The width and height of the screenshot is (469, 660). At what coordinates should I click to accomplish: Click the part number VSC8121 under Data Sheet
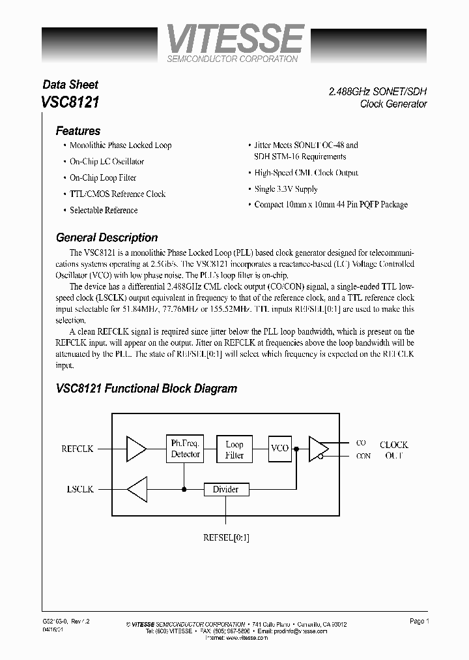tap(70, 102)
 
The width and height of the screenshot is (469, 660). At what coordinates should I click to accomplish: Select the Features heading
tap(78, 130)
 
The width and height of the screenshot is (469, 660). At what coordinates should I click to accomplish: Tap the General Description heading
tap(107, 237)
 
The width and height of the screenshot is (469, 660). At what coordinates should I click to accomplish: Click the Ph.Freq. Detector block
tap(185, 449)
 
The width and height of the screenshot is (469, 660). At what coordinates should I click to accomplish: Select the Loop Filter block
tap(234, 449)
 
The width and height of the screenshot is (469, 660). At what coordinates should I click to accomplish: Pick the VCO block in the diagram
tap(279, 449)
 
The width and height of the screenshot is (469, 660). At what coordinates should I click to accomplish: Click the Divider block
tap(225, 489)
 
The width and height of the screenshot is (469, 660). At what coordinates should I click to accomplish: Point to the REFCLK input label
tap(78, 449)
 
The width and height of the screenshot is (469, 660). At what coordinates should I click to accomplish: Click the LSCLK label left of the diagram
tap(79, 488)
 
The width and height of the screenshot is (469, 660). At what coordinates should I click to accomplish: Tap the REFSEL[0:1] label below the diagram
tap(225, 538)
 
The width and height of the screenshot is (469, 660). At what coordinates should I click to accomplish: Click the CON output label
tap(363, 456)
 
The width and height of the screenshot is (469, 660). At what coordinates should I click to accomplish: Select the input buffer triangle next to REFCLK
tap(135, 449)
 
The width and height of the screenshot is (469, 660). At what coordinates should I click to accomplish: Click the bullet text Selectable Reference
tap(104, 210)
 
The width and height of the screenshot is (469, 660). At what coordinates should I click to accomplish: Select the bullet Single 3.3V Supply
tap(286, 188)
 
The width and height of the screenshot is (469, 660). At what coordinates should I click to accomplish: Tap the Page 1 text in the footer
tap(418, 622)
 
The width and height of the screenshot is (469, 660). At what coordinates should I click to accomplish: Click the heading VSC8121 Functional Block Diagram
tap(147, 389)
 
